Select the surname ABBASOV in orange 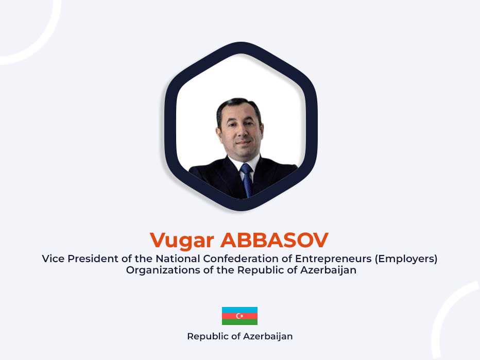tap(275, 240)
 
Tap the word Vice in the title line tap(53, 259)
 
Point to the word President tap(93, 259)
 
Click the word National tap(178, 259)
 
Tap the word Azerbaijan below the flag tap(268, 337)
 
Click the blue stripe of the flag tap(239, 310)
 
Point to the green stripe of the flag tap(239, 322)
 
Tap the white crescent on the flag tap(238, 316)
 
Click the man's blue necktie tap(247, 180)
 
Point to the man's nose tap(241, 132)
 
